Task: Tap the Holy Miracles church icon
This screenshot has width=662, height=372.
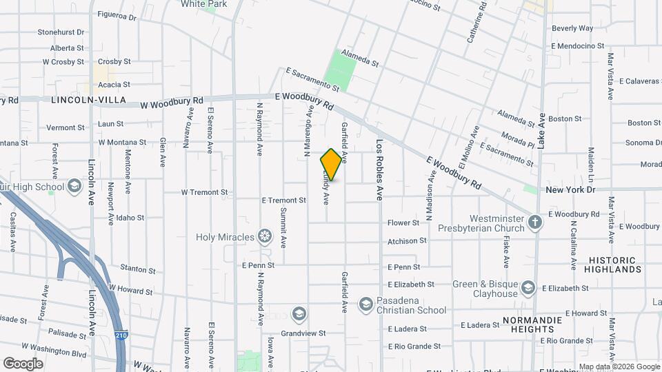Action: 264,237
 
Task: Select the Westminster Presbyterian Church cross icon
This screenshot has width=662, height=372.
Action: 535,222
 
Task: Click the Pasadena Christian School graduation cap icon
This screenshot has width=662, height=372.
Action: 365,304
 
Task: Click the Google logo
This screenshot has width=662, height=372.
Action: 22,364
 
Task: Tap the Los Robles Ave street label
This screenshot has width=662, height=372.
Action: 379,170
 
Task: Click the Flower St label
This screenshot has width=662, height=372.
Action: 403,223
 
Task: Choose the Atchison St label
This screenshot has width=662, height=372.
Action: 407,241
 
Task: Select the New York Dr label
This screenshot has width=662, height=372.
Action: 570,189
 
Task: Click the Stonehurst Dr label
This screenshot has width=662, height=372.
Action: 61,32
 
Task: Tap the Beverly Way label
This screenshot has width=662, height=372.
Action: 572,28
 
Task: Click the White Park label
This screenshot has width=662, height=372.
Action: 204,4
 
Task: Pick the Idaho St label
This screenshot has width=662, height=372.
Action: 130,218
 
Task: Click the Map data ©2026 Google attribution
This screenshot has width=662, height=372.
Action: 619,366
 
